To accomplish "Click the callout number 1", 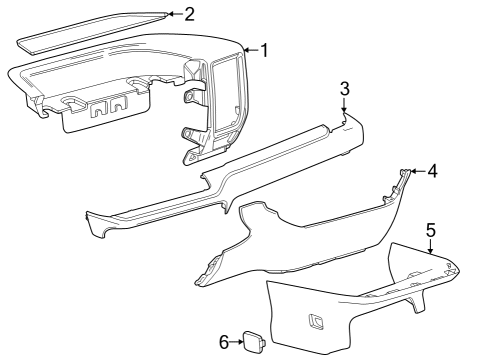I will (264, 49).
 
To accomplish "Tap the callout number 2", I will (189, 13).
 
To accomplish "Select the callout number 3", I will (344, 88).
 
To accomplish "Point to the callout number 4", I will (432, 171).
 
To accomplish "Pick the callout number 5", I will (431, 230).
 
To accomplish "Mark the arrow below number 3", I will (344, 107).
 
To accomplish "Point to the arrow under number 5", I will (431, 248).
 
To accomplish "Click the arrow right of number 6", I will (242, 343).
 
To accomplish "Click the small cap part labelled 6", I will (257, 343).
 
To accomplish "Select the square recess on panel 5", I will (317, 321).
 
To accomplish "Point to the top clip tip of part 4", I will (405, 174).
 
